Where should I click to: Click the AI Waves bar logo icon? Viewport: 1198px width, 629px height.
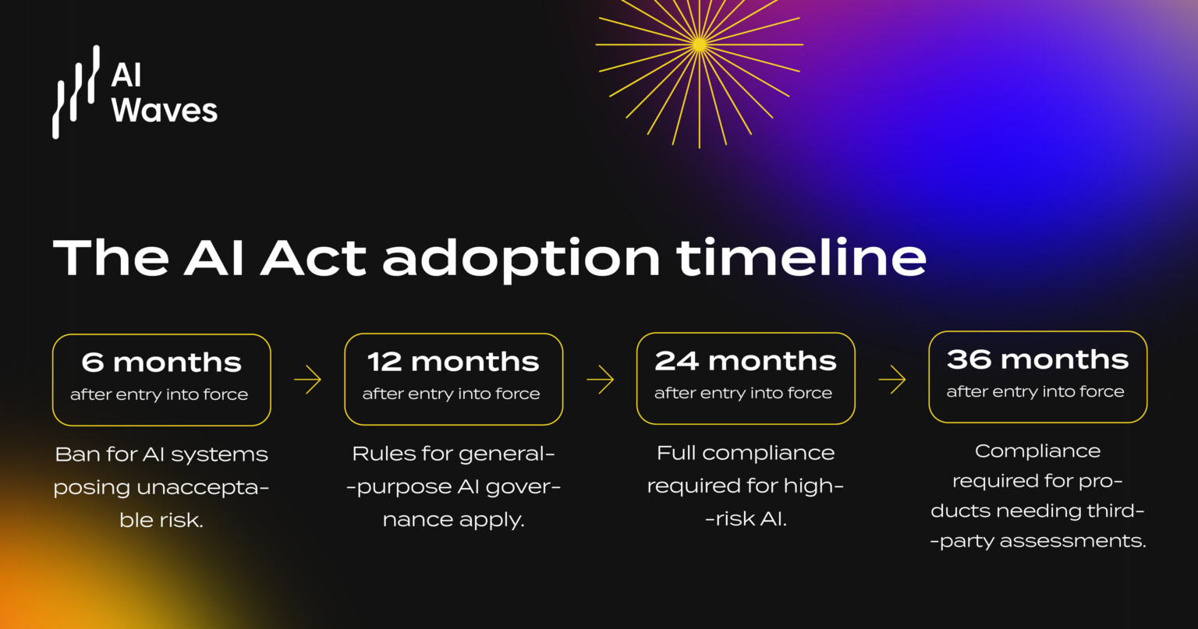76,92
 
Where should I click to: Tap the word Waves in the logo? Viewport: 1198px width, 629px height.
164,110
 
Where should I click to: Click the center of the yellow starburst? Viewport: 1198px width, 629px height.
699,45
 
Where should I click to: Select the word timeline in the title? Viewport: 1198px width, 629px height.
801,257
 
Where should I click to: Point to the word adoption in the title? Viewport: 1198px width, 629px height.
521,259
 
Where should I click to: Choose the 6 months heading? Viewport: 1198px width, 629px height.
161,363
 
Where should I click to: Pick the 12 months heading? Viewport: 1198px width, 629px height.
453,362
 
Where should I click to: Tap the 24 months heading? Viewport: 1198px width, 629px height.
746,361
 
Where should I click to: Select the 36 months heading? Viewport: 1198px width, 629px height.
1037,359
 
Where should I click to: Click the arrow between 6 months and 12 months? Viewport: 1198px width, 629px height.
307,380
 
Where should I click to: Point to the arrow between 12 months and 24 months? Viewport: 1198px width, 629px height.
600,380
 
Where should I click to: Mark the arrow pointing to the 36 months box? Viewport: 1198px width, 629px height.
891,380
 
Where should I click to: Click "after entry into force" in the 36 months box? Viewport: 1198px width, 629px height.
1035,392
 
